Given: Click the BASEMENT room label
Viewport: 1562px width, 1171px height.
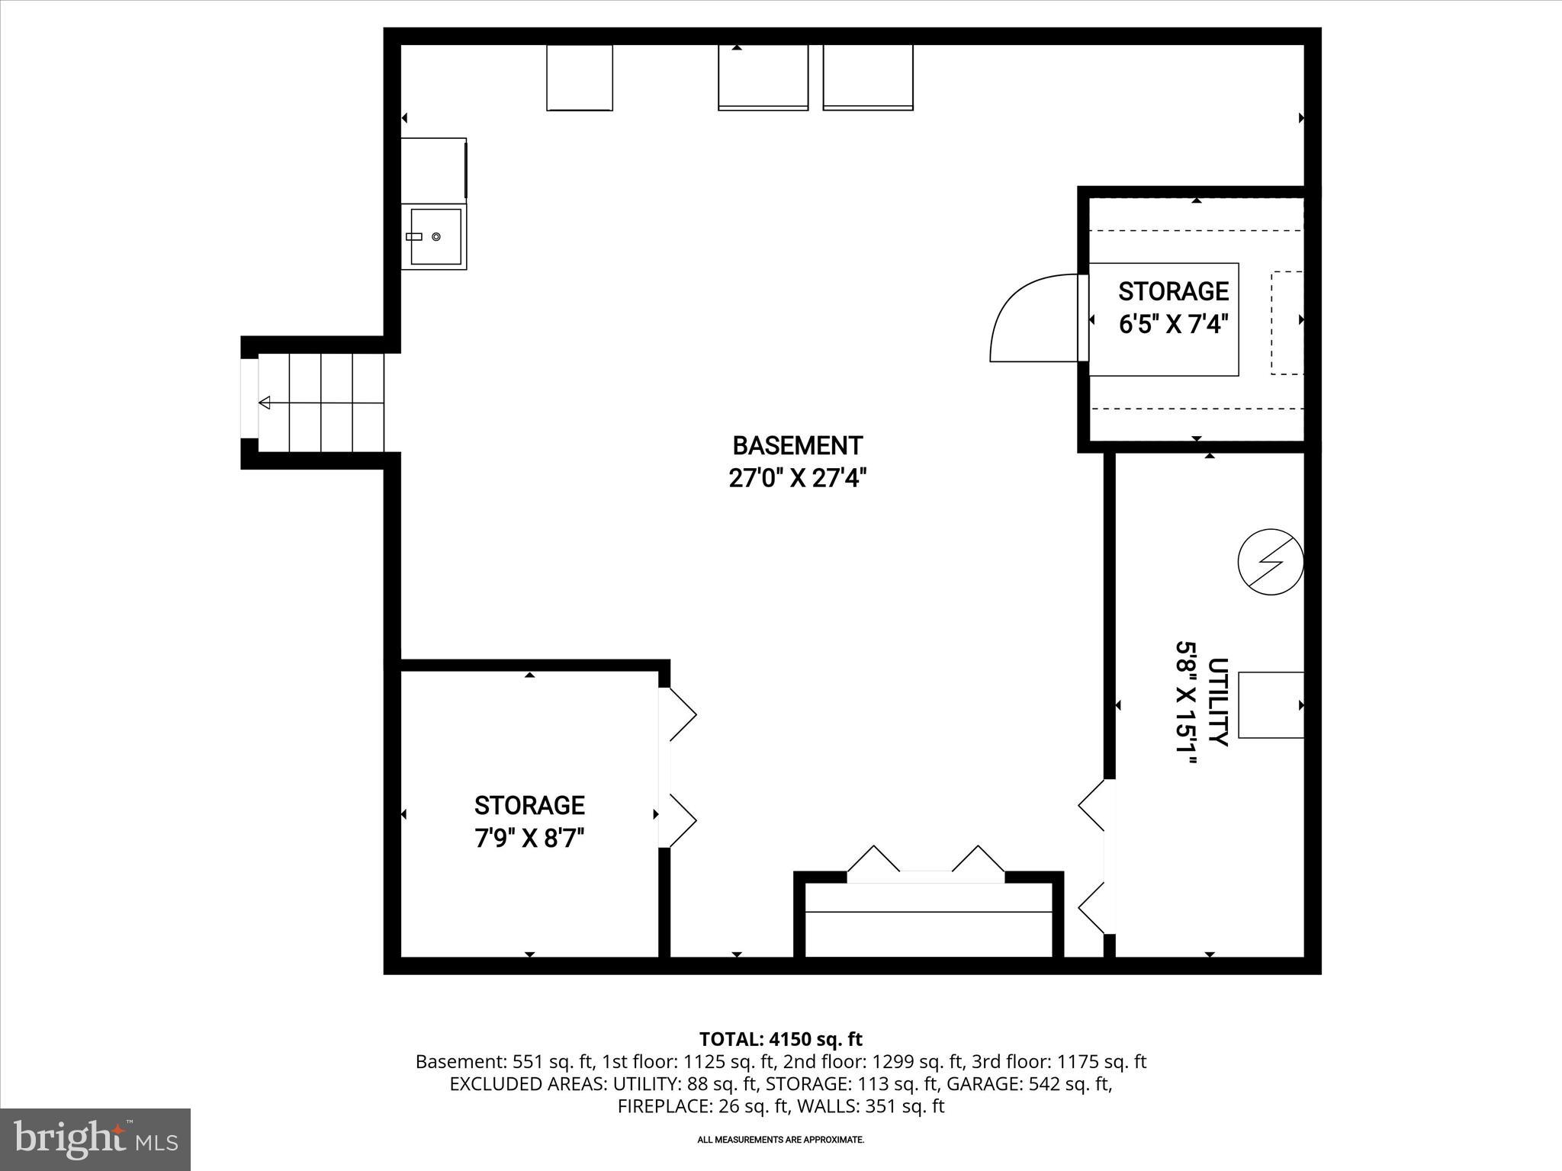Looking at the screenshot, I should (x=797, y=445).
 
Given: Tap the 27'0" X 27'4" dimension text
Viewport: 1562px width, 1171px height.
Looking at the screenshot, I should (x=797, y=479).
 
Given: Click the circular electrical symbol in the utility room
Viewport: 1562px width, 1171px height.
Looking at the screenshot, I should (x=1270, y=562).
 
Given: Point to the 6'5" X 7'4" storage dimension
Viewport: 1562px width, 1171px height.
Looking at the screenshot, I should (x=1173, y=325).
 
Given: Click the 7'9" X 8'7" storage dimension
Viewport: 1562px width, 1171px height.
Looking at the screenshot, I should (x=529, y=839).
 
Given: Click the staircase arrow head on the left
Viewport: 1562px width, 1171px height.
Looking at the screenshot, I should (x=265, y=403).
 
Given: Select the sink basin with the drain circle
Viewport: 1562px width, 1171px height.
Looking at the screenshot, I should (x=435, y=237).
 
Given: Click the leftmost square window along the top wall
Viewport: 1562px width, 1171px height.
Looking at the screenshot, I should (x=580, y=77).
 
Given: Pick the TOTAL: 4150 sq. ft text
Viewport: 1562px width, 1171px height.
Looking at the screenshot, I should (x=780, y=1039).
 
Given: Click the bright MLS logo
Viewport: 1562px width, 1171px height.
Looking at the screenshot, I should (x=95, y=1139).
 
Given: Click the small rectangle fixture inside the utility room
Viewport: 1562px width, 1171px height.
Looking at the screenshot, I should (x=1270, y=704).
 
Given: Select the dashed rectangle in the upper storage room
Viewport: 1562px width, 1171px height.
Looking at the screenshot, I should (x=1287, y=322).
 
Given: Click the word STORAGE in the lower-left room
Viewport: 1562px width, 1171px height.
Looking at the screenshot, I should (x=529, y=805).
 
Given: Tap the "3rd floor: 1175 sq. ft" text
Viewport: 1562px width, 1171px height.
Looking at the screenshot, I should (x=1059, y=1062).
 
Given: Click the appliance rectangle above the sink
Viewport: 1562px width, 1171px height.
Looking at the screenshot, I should (x=433, y=170).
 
